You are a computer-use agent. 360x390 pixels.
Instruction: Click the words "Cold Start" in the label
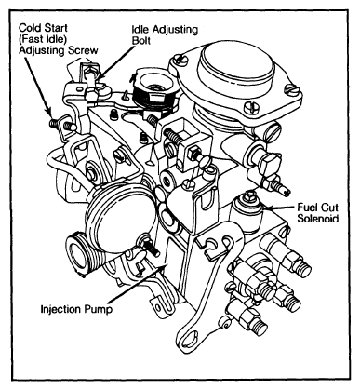[43, 28]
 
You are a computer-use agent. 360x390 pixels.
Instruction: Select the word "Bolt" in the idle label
[141, 41]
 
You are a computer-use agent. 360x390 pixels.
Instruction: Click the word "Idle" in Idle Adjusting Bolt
[140, 30]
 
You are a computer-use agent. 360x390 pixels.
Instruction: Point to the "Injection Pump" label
[76, 309]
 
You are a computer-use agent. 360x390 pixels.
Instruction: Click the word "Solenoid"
[318, 219]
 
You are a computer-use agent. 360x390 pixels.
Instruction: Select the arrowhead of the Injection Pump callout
[163, 266]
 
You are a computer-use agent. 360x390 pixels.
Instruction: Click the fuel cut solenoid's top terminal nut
[250, 195]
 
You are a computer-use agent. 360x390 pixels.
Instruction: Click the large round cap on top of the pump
[237, 64]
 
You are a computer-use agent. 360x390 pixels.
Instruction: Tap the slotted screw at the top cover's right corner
[291, 90]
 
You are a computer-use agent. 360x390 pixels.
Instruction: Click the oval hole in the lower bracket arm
[189, 340]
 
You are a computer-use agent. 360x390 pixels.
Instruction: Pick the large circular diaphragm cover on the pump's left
[120, 218]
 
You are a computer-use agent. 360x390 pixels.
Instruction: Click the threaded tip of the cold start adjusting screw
[54, 124]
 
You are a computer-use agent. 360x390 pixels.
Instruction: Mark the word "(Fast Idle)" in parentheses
[42, 39]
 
